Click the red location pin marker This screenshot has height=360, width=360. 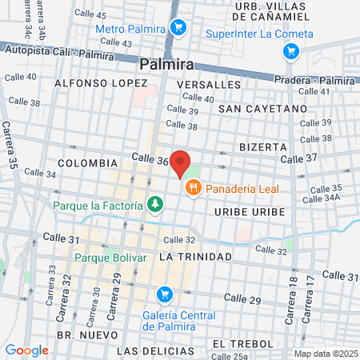click(x=181, y=163)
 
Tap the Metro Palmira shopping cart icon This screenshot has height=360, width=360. click(x=178, y=29)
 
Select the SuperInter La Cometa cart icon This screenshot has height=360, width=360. click(x=290, y=52)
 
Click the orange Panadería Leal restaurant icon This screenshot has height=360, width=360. click(x=193, y=189)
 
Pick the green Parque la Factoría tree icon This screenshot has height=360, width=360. click(x=154, y=206)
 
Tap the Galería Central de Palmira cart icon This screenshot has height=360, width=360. click(x=164, y=294)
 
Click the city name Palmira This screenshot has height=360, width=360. click(x=169, y=64)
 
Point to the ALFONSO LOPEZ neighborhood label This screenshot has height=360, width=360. click(x=101, y=83)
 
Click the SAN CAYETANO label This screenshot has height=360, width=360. click(x=262, y=108)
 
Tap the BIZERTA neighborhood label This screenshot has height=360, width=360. click(x=262, y=147)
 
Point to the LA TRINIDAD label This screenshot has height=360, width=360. click(x=195, y=257)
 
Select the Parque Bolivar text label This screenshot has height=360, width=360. click(x=111, y=258)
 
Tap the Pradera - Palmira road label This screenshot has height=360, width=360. click(x=307, y=79)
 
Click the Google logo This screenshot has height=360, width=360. click(x=26, y=350)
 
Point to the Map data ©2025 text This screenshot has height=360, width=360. click(x=325, y=354)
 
